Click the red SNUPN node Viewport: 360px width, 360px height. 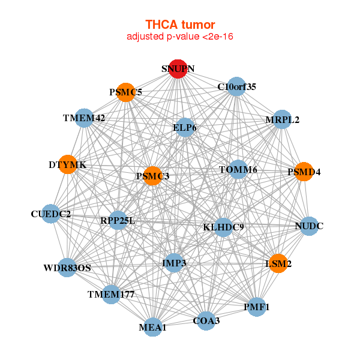178,69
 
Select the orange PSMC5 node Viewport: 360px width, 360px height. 125,92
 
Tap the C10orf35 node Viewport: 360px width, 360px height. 236,86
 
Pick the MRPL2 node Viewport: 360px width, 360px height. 282,119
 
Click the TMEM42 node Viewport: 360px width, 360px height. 84,118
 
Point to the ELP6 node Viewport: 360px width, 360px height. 185,127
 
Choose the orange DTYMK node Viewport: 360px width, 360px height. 68,164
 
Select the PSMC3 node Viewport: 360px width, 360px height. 152,176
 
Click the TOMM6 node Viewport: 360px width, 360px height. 238,169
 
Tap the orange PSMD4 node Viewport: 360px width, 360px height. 304,172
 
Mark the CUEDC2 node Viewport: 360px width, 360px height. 51,214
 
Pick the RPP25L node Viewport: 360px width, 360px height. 118,220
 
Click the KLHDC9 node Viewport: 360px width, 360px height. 223,227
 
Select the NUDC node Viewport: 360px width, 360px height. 309,226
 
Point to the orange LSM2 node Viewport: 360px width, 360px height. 278,263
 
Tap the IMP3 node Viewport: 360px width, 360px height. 174,263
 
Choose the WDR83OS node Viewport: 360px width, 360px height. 67,268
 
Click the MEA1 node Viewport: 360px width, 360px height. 152,327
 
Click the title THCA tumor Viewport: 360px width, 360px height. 180,25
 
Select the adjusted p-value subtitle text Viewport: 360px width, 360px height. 180,37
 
